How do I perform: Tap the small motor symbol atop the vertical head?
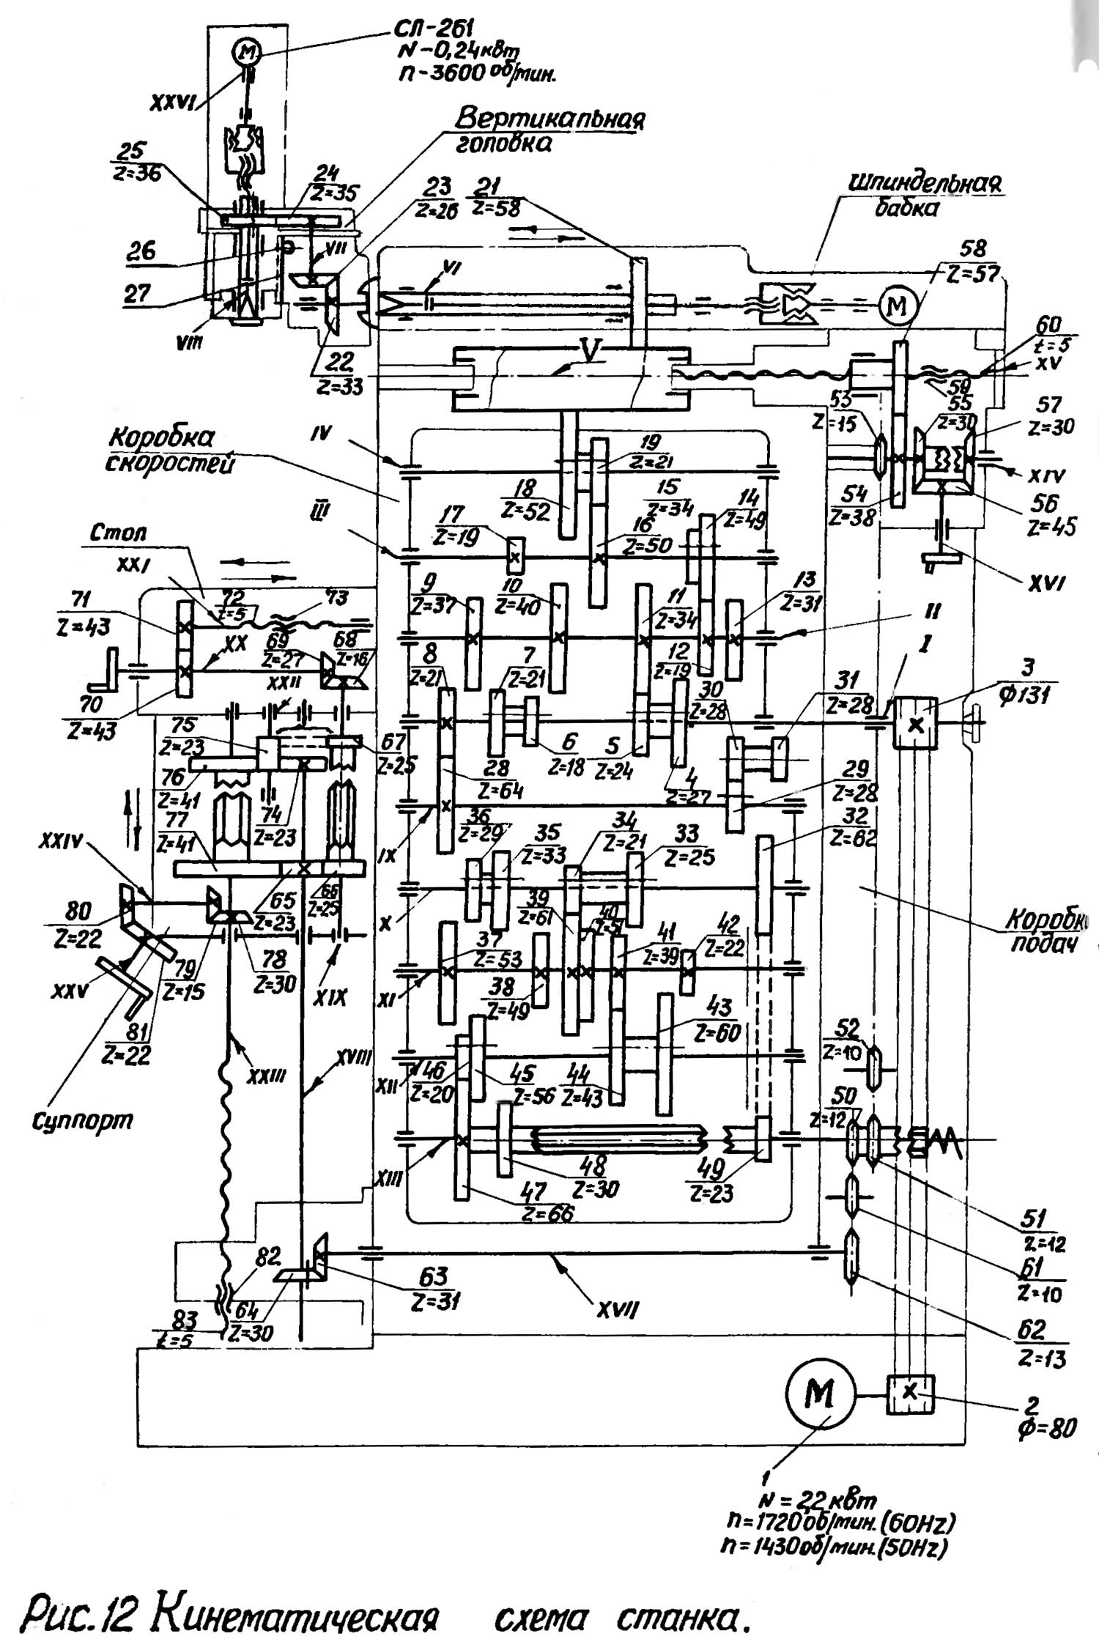[247, 51]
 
